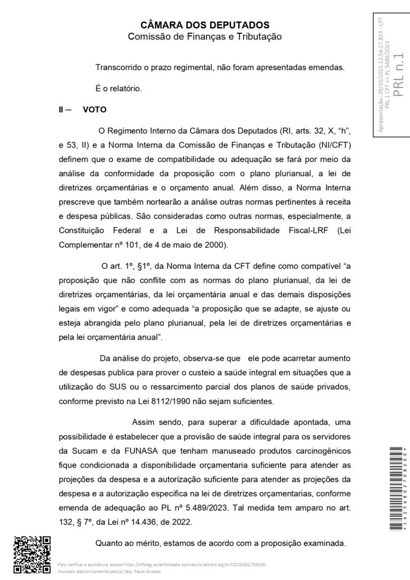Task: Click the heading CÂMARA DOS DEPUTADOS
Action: (204, 25)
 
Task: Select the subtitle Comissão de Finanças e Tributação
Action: (204, 36)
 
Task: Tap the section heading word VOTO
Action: (95, 110)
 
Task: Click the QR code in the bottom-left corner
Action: (31, 554)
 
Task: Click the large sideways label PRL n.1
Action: (399, 75)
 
